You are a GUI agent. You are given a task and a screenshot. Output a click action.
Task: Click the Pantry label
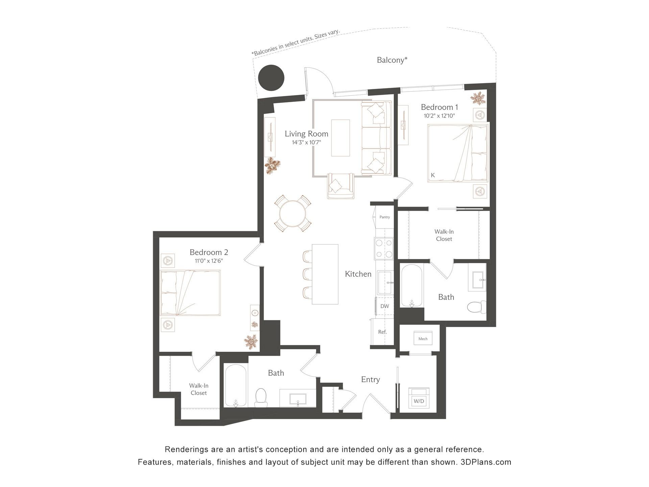[x=385, y=217]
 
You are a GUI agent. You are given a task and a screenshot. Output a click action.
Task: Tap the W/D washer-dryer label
[x=419, y=401]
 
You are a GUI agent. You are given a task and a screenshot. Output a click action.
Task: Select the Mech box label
[x=423, y=339]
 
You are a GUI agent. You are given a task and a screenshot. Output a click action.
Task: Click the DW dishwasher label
[x=385, y=306]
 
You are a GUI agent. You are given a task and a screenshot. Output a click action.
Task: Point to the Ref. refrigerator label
[x=382, y=332]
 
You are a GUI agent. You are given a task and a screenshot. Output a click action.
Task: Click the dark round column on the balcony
[x=271, y=78]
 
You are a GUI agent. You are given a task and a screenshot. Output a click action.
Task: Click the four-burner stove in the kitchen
[x=384, y=249]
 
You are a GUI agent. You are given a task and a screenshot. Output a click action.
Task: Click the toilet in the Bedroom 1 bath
[x=476, y=307]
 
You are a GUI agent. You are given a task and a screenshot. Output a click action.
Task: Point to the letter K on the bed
[x=433, y=175]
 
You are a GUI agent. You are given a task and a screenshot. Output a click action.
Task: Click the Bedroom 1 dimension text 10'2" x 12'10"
[x=439, y=116]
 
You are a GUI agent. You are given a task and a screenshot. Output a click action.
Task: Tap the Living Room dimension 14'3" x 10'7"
[x=306, y=142]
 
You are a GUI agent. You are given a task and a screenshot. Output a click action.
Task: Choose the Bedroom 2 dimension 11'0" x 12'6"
[x=209, y=261]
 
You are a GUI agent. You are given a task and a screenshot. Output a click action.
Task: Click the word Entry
[x=370, y=380]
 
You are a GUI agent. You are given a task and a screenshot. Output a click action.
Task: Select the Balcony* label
[x=392, y=60]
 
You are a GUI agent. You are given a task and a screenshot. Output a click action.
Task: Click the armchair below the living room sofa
[x=341, y=186]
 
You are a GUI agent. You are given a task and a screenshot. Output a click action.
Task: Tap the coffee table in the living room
[x=340, y=138]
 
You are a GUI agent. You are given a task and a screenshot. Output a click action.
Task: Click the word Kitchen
[x=358, y=274]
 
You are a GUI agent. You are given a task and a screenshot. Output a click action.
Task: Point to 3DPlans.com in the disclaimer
[x=486, y=462]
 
